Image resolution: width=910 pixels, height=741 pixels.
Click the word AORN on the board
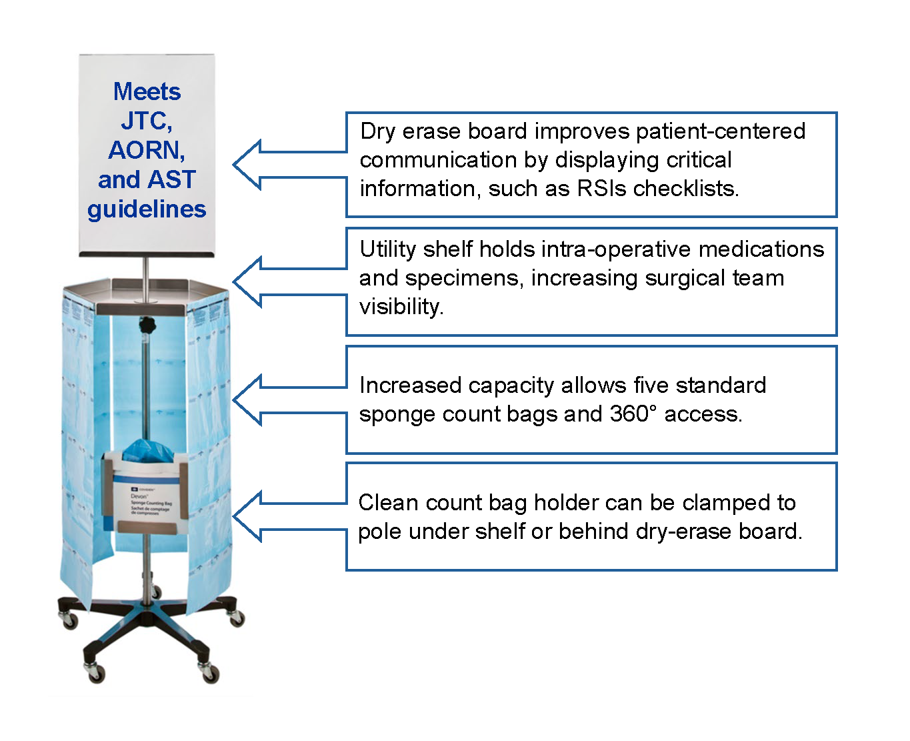(x=146, y=150)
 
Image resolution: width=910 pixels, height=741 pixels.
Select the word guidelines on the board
(x=147, y=209)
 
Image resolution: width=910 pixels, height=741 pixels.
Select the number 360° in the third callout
(x=633, y=414)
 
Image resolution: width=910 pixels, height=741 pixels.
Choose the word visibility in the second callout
(x=401, y=307)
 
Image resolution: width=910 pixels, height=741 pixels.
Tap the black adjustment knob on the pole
(x=146, y=326)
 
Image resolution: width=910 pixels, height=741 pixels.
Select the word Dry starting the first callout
(x=377, y=131)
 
